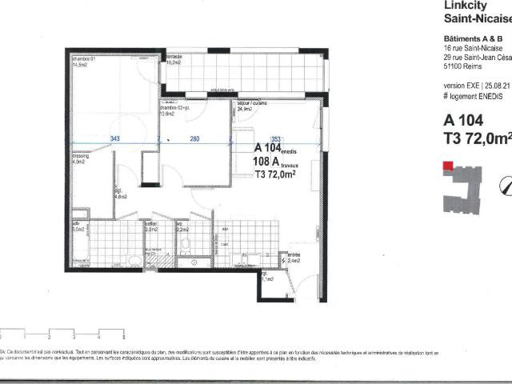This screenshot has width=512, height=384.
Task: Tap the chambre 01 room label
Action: click(x=84, y=58)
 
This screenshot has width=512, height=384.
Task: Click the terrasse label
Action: click(x=174, y=57)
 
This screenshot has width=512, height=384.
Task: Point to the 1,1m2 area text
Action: click(x=269, y=278)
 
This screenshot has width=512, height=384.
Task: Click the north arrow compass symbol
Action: click(x=506, y=185)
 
